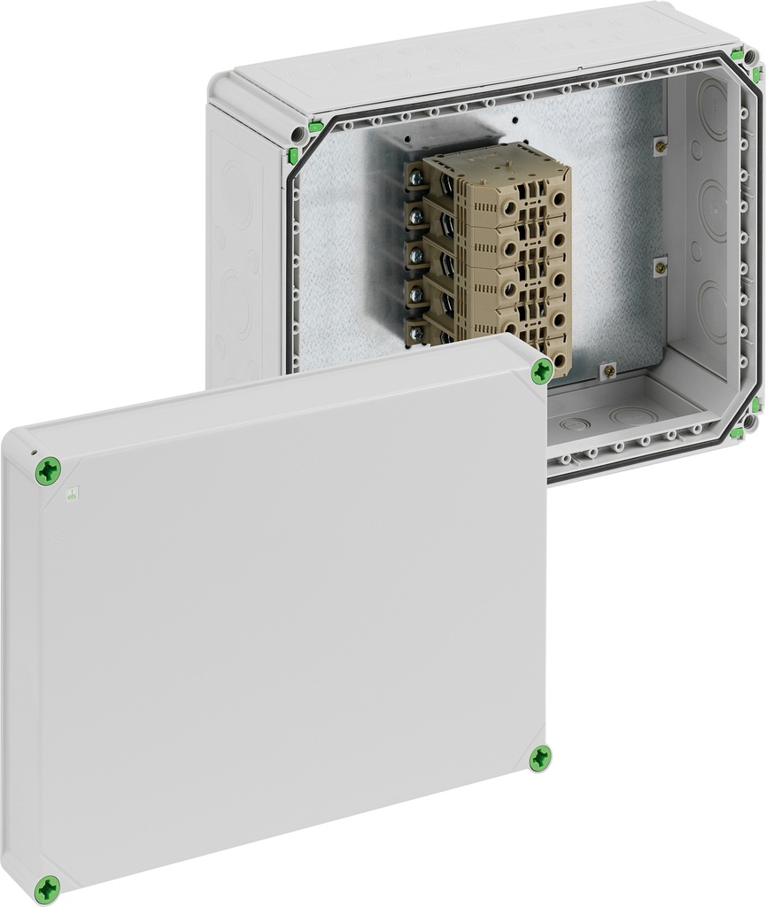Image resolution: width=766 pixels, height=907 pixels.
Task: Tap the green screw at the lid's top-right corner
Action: (x=541, y=374)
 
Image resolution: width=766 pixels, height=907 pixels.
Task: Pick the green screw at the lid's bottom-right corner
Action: (x=539, y=757)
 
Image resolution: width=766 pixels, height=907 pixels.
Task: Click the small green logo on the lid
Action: (x=74, y=496)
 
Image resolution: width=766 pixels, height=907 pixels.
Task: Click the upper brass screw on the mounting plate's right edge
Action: (x=658, y=143)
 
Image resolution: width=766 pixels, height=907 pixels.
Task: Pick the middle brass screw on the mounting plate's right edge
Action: (x=659, y=265)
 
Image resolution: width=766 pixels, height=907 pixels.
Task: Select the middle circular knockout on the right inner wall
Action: (x=714, y=209)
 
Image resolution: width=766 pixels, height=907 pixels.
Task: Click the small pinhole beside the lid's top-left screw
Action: (x=34, y=453)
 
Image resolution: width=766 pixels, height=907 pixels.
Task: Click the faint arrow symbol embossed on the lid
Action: (x=55, y=535)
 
